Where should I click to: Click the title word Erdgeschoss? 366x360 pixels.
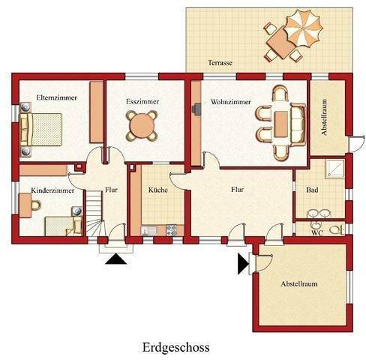point(175,347)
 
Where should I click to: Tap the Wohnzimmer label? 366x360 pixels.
point(230,100)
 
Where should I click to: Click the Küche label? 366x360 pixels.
point(157,190)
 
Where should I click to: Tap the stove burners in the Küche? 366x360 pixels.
point(170,229)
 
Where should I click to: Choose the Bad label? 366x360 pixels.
point(312,190)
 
